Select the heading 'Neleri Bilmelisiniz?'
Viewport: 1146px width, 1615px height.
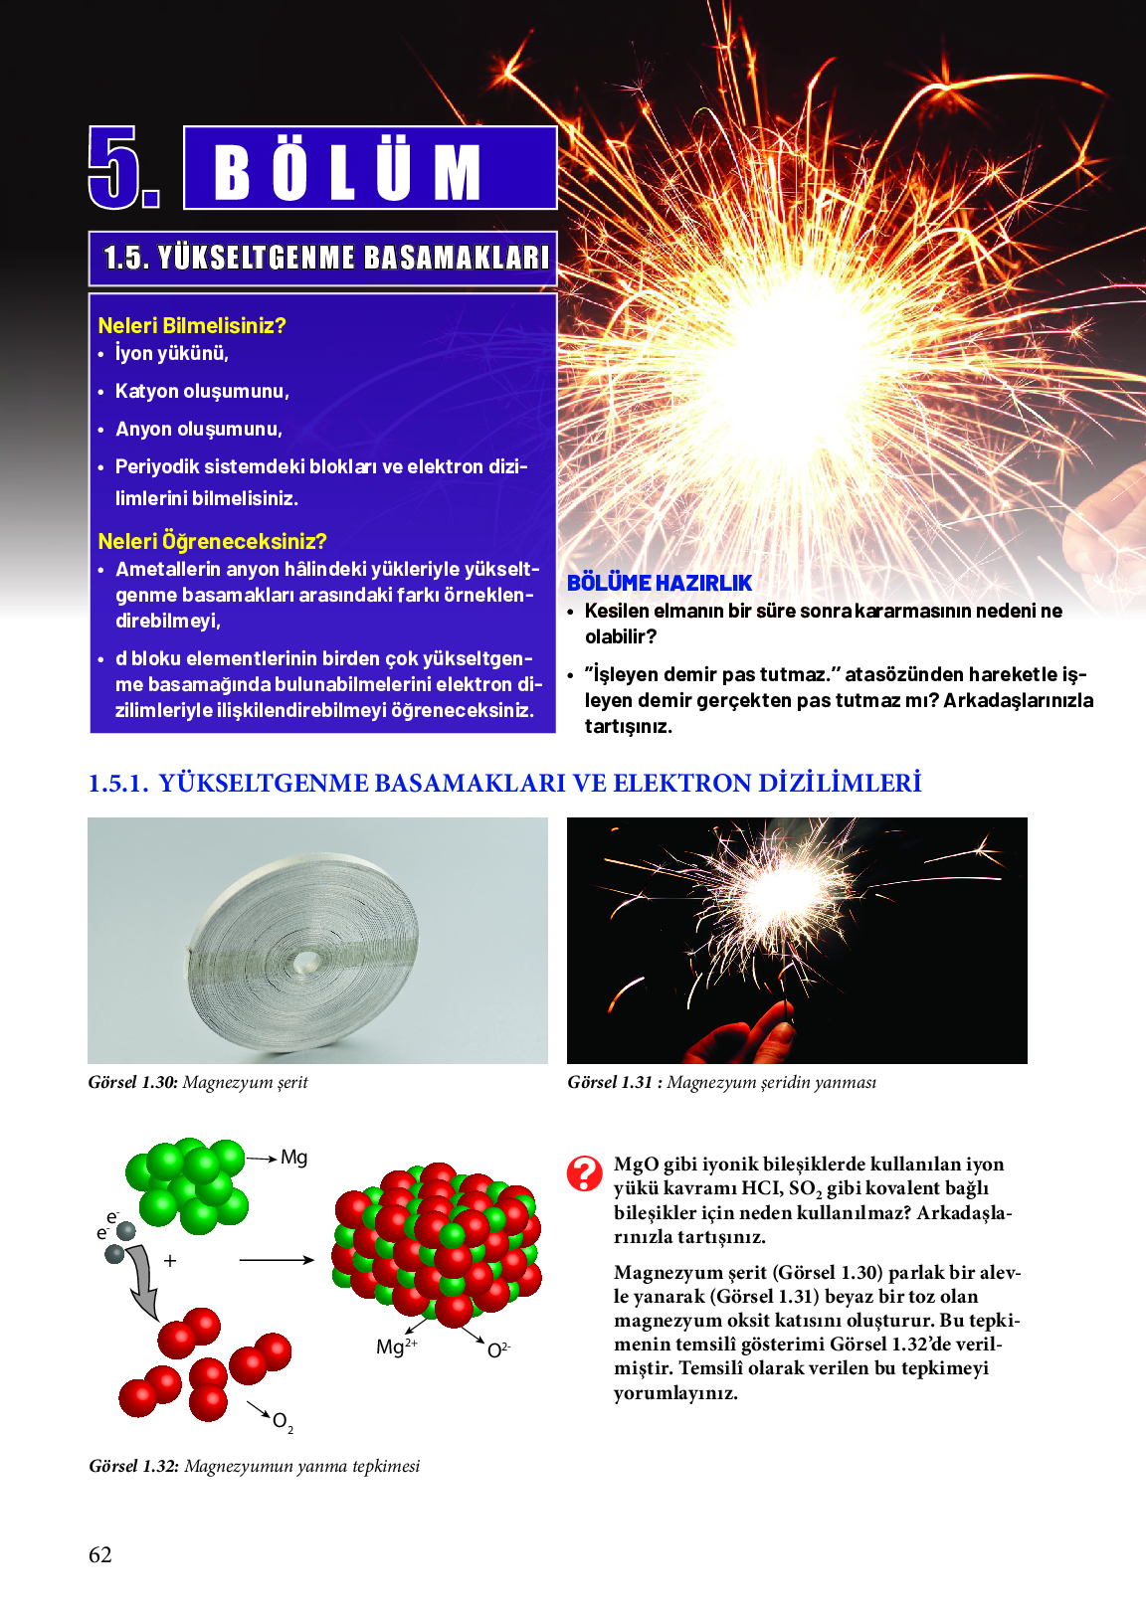pos(192,325)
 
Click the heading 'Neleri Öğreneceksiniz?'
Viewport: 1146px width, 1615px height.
pos(212,541)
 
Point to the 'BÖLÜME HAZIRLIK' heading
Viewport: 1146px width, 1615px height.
pos(660,583)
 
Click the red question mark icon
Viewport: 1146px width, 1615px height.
pos(584,1173)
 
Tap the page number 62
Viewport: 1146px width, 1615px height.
pos(100,1554)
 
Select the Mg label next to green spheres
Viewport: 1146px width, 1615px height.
pos(293,1157)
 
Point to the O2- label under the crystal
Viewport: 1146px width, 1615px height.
pos(498,1349)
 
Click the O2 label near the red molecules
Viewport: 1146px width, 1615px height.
pos(283,1421)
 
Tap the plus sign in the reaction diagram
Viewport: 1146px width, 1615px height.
pos(170,1260)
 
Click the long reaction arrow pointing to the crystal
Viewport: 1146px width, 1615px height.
pos(276,1260)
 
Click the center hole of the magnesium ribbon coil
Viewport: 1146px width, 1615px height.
pos(305,961)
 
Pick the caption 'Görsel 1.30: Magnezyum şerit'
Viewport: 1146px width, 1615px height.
pos(198,1082)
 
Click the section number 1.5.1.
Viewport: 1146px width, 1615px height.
pos(117,784)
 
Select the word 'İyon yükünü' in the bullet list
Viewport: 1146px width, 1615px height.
pos(171,353)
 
